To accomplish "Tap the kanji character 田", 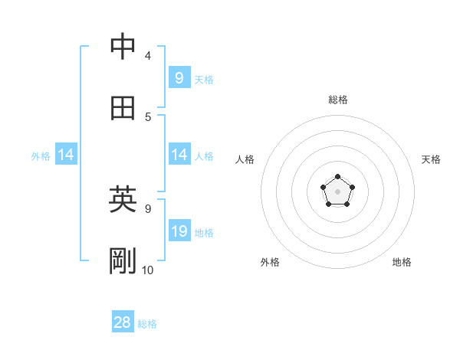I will [x=123, y=108].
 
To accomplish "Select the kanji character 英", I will [x=123, y=200].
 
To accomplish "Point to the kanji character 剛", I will [x=123, y=261].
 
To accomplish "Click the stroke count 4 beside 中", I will [x=147, y=55].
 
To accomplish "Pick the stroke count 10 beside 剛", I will [x=148, y=270].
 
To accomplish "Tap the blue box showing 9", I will [x=179, y=77].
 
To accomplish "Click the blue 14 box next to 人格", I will [x=179, y=155].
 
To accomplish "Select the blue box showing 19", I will [x=179, y=231].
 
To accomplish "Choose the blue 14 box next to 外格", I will [x=65, y=155].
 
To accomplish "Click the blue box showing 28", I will [x=122, y=322].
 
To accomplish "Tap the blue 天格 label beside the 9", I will [x=203, y=79].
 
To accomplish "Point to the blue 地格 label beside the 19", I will [x=203, y=233].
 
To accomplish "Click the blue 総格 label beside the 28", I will [x=147, y=324].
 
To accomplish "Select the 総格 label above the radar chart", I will [x=338, y=100].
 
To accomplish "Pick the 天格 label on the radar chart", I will [x=431, y=159].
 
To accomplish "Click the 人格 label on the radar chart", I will [x=245, y=159].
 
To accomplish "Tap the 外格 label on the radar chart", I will [x=270, y=262].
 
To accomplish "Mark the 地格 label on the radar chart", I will [x=402, y=262].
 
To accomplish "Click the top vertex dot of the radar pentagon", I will [x=338, y=177].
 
